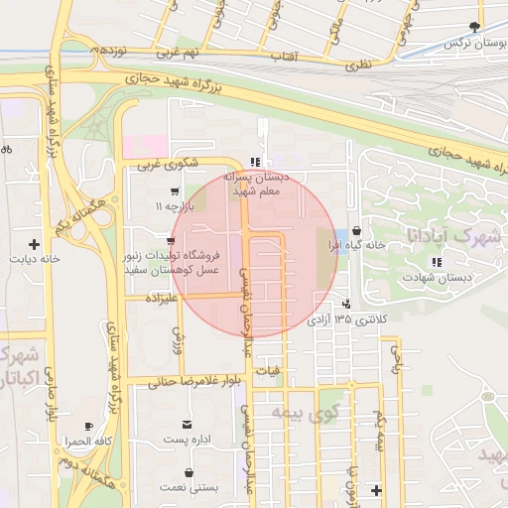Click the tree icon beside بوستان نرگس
(475, 28)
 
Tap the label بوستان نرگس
(468, 44)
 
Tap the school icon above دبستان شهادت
(436, 262)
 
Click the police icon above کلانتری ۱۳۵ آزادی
(346, 304)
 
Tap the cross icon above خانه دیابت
(35, 243)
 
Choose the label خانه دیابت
(36, 260)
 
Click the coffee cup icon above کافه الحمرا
(89, 425)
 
